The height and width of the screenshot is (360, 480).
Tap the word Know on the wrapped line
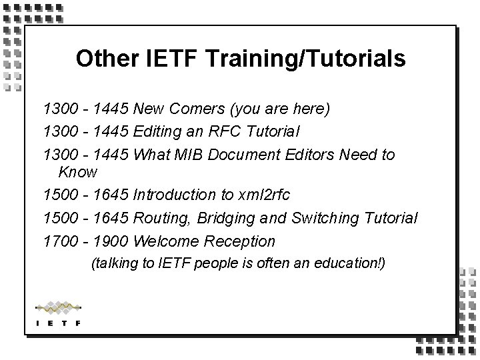pyautogui.click(x=78, y=172)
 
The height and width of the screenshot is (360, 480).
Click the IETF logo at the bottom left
pyautogui.click(x=58, y=313)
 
